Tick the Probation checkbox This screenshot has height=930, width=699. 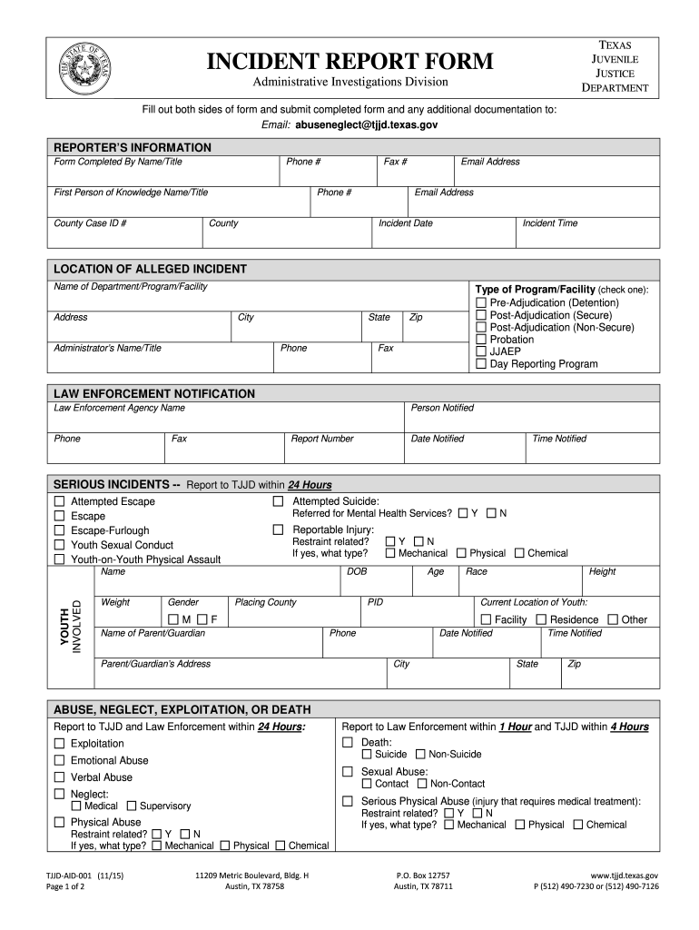(481, 340)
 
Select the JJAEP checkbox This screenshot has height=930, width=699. (481, 351)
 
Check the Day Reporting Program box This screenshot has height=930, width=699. (481, 364)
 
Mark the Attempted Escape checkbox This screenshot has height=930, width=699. (59, 501)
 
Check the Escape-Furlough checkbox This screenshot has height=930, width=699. (59, 530)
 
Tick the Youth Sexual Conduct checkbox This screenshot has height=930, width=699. (59, 545)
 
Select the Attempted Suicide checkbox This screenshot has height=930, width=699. (279, 501)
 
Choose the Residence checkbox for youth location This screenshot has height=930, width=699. (541, 619)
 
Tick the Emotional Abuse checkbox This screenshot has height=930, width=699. (59, 760)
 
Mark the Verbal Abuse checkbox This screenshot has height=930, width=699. (59, 777)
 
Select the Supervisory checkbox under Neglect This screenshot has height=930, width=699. (132, 806)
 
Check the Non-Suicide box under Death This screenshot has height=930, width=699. (420, 754)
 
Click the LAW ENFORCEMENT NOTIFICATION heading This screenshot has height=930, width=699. (154, 393)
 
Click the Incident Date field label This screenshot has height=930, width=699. (405, 223)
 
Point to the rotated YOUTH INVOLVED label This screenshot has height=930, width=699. (71, 626)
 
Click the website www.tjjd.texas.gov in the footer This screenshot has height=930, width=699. (625, 876)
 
